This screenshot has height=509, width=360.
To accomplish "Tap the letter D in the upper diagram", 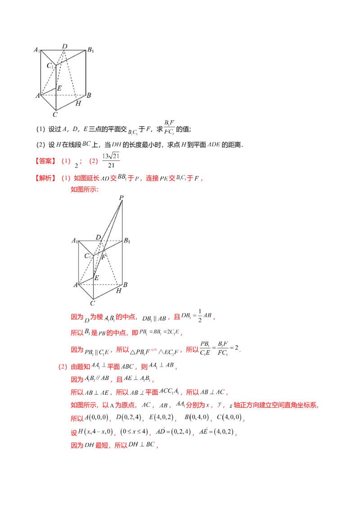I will point(65,46).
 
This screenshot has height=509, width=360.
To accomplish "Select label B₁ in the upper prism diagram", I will point(90,49).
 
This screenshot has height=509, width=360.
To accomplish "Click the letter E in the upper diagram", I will point(59,89).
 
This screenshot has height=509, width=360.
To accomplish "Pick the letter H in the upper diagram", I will point(78,103).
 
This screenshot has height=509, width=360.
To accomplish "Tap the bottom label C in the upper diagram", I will point(54,114).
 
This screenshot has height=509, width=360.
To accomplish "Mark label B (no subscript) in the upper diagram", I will point(89,95).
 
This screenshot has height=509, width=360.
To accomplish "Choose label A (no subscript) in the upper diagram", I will point(37,95).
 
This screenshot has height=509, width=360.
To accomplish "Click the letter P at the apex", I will point(121,198).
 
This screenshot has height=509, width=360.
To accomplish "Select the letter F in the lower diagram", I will point(103,257).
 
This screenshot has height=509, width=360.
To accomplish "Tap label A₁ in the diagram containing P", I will point(75,241).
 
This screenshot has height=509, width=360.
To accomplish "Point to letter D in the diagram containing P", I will point(98,237).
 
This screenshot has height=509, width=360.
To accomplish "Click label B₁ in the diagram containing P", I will point(127,240).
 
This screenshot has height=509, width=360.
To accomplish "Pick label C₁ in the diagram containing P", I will point(88,256).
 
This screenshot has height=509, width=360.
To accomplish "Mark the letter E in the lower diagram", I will point(96,278).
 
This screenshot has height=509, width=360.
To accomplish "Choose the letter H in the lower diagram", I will point(118,291).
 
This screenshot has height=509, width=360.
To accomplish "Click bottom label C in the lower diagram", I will point(93,303).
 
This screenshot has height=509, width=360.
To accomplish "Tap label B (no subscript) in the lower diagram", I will point(126,285).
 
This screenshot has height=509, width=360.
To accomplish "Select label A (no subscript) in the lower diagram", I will point(76,285).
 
